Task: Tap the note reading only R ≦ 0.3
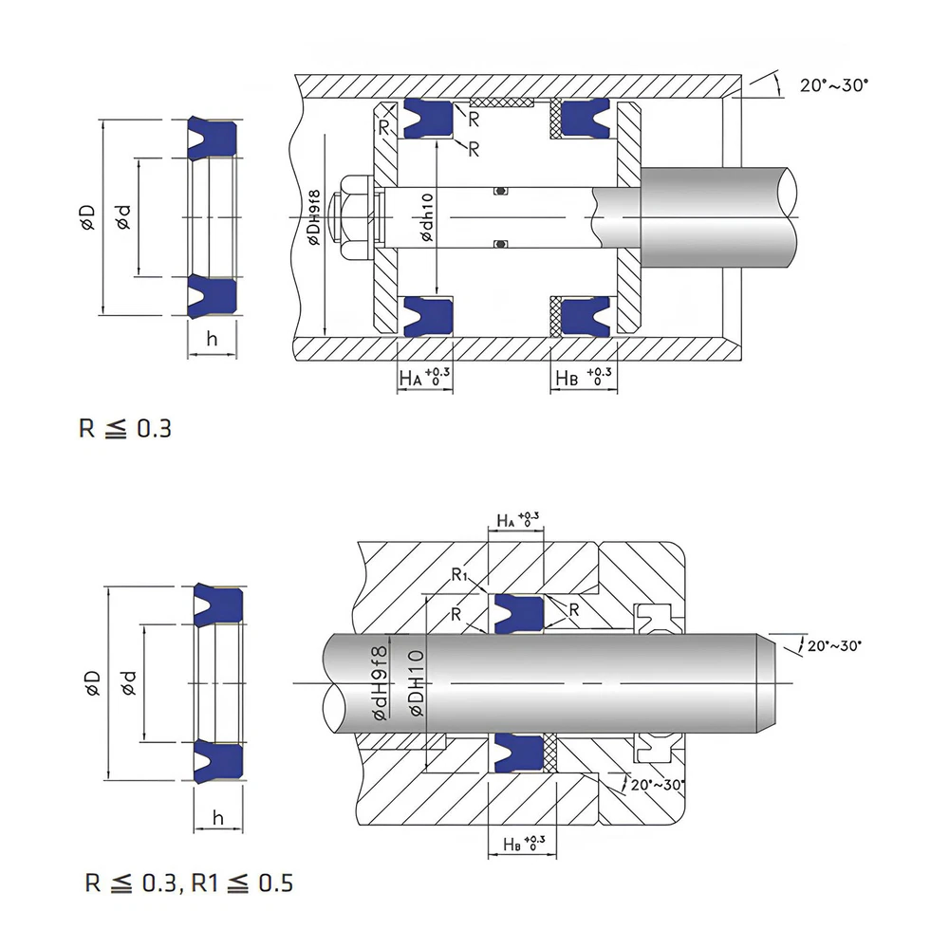(125, 428)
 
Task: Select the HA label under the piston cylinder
(410, 378)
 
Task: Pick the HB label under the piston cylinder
(567, 378)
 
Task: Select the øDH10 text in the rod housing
(415, 685)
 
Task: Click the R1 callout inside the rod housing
(461, 574)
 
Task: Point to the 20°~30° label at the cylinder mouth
(834, 85)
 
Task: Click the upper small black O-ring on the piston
(500, 191)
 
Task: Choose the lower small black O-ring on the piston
(500, 245)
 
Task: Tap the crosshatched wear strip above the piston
(502, 102)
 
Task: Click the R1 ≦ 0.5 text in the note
(242, 884)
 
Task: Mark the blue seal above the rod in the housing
(518, 612)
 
